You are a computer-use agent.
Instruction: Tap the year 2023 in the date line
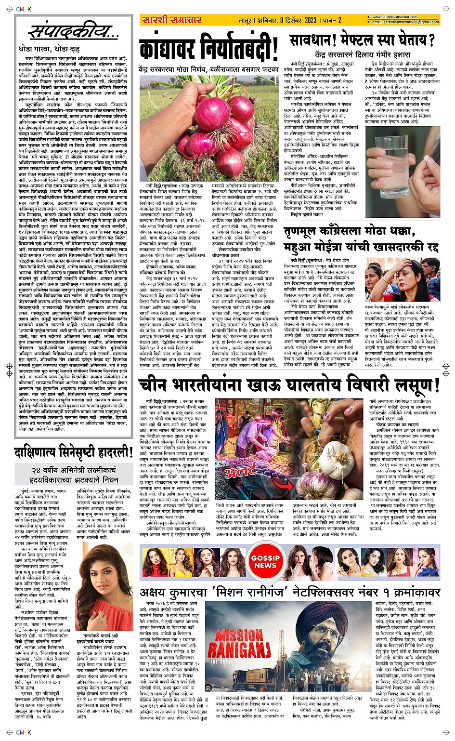[311, 20]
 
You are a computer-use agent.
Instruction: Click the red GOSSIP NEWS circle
[265, 561]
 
